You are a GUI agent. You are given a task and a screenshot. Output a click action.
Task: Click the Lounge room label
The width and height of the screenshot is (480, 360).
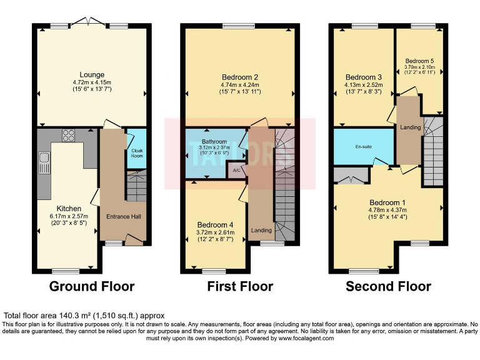click(x=92, y=75)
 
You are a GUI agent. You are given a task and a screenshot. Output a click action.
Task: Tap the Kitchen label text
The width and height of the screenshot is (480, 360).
click(x=69, y=208)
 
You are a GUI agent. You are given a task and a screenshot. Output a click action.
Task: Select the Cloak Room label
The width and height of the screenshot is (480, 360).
click(x=136, y=153)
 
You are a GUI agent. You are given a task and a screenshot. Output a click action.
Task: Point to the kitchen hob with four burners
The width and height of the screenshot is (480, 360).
click(x=69, y=136)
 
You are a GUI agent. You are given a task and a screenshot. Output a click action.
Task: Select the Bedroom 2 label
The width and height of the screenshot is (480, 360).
click(x=239, y=77)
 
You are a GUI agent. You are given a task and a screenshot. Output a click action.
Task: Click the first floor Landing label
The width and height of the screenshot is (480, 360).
click(x=261, y=230)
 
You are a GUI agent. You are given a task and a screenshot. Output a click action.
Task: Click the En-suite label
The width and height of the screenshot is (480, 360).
click(x=364, y=147)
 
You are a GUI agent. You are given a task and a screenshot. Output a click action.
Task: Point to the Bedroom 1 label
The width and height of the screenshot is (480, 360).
click(x=387, y=202)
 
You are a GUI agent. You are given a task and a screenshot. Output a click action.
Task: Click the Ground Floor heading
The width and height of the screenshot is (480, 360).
click(x=92, y=287)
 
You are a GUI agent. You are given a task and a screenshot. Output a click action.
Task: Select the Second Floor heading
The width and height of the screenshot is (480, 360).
click(x=388, y=287)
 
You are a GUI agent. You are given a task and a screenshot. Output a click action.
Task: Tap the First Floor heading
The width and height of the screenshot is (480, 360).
click(x=240, y=287)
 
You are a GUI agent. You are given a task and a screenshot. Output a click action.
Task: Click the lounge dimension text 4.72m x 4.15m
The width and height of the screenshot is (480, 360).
click(x=92, y=82)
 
